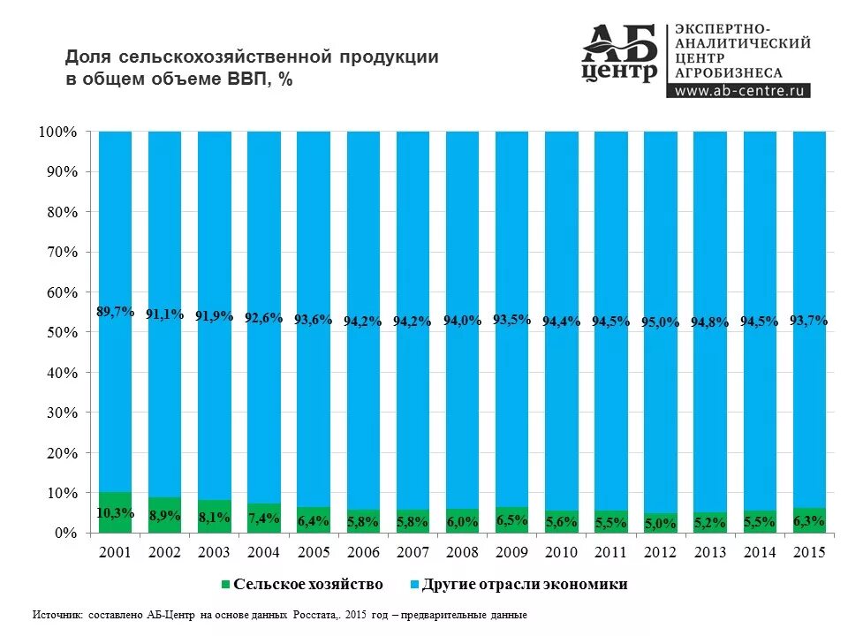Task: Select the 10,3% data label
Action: coord(116,513)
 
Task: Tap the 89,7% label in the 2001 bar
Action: coord(116,312)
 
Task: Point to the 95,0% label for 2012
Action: coord(661,322)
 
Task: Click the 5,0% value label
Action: coord(661,524)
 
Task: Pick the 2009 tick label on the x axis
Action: coord(511,552)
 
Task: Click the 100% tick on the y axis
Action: coord(58,132)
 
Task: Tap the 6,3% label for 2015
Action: coord(809,521)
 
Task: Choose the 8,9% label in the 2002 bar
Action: coord(165,515)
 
